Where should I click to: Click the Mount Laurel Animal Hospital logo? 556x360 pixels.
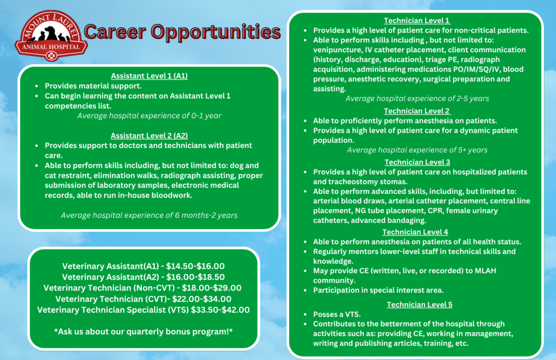(51, 35)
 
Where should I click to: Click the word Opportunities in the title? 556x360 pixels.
(216, 32)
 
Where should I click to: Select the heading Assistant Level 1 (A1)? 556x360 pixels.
(149, 76)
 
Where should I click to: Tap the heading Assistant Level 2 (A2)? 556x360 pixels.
(149, 136)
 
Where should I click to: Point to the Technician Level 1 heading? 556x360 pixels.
(416, 21)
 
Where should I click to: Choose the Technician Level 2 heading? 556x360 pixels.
(416, 111)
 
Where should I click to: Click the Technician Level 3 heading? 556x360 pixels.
(418, 162)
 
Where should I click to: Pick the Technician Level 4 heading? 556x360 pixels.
(415, 232)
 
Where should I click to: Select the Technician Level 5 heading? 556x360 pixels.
(420, 305)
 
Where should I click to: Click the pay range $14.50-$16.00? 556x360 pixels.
(195, 266)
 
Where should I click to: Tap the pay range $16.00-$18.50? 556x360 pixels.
(195, 277)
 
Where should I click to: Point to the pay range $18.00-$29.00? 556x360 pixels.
(212, 288)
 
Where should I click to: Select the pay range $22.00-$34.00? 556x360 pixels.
(202, 299)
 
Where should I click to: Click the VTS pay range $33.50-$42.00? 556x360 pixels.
(220, 310)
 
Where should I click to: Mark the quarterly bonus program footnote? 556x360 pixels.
(143, 332)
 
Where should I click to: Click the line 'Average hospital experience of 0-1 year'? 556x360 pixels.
(149, 116)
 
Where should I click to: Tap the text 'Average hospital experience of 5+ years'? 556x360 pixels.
(417, 150)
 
